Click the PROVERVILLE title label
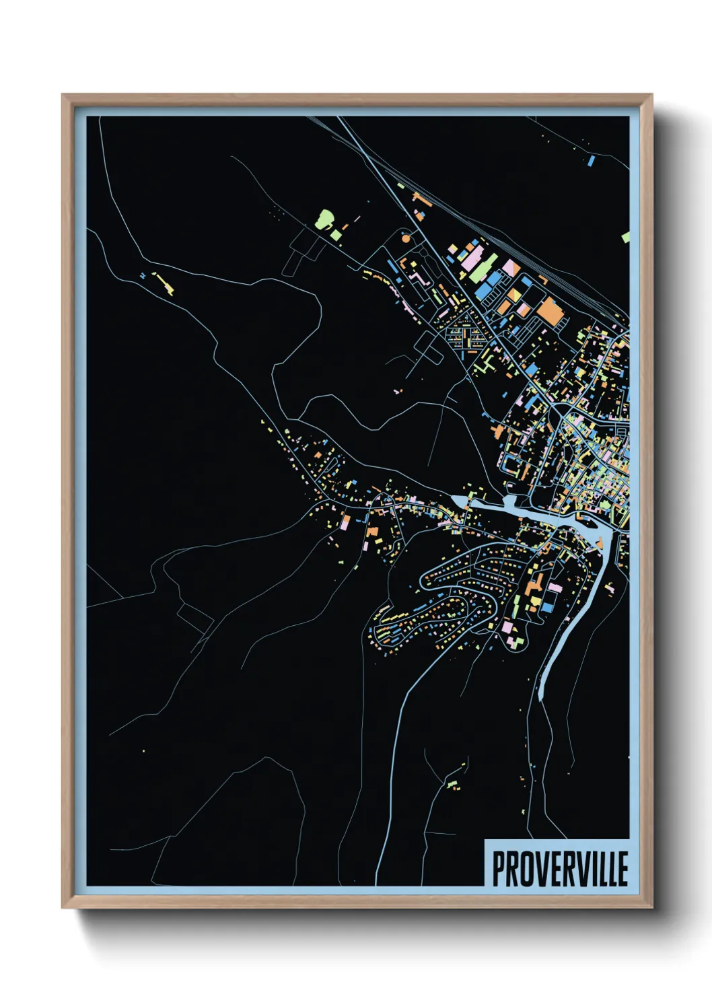(x=559, y=868)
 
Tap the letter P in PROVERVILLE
(x=499, y=869)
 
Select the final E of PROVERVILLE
(x=622, y=869)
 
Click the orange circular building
(x=405, y=238)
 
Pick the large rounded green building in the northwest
(x=325, y=219)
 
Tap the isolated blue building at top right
(x=591, y=161)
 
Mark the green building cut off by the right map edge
(x=626, y=237)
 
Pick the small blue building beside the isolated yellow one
(x=143, y=276)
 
